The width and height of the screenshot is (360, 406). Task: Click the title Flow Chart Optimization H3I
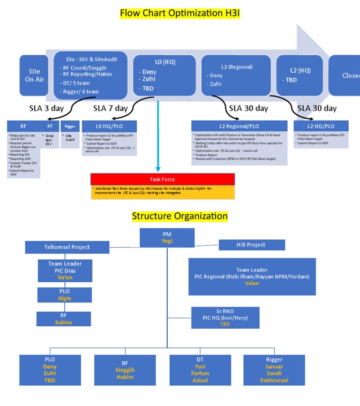coord(180,13)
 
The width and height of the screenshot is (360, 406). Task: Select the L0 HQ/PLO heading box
coord(109,126)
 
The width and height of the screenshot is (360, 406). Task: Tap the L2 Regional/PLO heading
coord(239,126)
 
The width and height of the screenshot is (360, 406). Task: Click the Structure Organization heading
coord(180,216)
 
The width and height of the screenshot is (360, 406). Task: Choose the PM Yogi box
coord(167,237)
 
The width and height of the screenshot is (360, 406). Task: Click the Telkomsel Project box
coord(67,247)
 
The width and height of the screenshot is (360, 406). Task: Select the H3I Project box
coord(252,245)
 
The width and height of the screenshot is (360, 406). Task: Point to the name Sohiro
coord(64,322)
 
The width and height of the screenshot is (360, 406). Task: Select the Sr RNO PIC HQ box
coord(225,318)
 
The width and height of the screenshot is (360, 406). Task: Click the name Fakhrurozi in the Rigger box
coord(274,380)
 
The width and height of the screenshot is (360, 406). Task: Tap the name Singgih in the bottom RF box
coord(125,370)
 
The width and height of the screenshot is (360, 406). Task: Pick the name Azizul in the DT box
coord(200,380)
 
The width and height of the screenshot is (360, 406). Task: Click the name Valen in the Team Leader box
coord(252,283)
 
